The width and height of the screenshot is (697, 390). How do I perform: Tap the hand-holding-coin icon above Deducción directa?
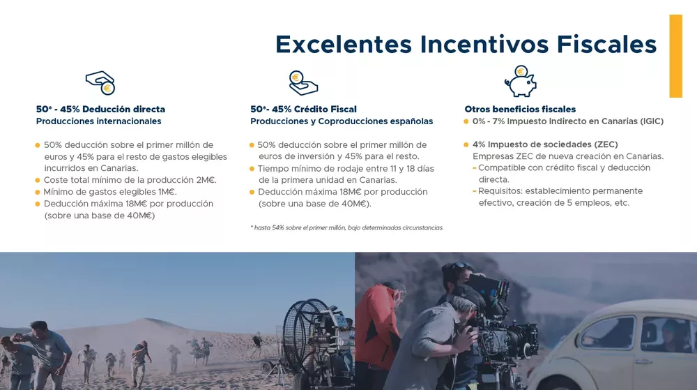pos(100,82)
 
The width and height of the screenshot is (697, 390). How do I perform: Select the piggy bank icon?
pos(520,81)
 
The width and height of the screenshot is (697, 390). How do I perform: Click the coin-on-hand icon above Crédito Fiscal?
pos(303,82)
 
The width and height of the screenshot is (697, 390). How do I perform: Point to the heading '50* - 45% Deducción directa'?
pos(100,109)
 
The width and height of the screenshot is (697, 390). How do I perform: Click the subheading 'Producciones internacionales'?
pos(98,121)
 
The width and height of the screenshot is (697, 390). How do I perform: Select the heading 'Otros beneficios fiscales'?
pos(520,109)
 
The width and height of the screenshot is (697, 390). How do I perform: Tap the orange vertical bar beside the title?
pos(675,56)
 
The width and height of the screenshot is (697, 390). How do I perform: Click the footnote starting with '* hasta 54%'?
pos(346,227)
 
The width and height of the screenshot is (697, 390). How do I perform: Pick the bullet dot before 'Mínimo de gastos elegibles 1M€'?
pos(38,192)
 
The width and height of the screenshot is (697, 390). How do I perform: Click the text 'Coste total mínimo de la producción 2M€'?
pos(130,180)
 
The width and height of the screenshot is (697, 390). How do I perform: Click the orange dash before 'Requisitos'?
pos(475,191)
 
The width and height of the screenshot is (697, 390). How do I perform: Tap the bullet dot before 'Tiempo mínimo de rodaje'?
pos(252,169)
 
